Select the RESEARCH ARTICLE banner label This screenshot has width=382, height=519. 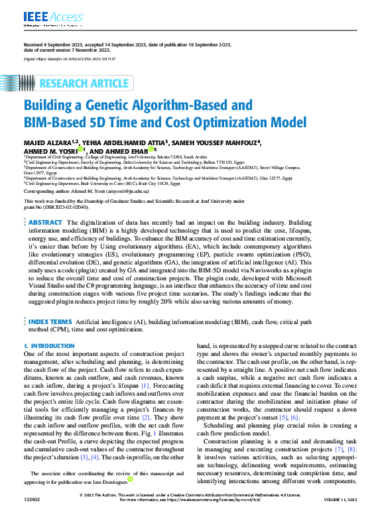point(84,84)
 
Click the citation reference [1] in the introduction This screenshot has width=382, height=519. point(163,385)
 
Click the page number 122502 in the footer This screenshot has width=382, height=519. point(33,514)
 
